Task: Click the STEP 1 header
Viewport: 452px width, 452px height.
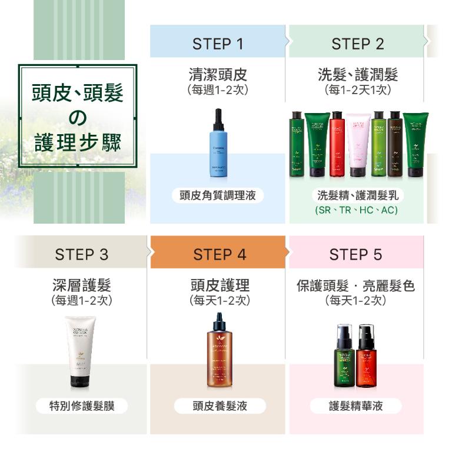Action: coord(217,43)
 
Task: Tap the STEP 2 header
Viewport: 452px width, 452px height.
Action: coord(357,43)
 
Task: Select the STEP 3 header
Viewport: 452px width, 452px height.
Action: coord(82,254)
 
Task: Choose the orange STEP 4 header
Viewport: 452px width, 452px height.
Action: coord(220,254)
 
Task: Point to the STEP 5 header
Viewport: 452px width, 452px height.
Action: coord(355,254)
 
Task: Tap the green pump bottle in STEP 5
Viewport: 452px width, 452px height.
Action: coord(344,355)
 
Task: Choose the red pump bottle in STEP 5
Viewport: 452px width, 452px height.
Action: coord(365,355)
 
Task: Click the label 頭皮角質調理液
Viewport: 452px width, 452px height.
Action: coord(218,195)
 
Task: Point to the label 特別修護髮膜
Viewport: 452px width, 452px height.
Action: coord(81,406)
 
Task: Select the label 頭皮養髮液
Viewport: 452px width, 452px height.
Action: coord(220,406)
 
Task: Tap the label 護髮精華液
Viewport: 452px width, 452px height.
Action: coord(356,406)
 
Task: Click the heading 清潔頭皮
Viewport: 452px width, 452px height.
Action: coord(218,75)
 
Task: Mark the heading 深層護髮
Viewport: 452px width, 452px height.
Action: coord(81,285)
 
